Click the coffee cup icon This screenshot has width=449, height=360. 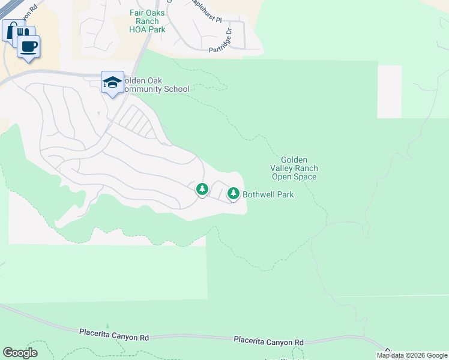click(x=28, y=46)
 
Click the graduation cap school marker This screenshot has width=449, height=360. click(x=112, y=83)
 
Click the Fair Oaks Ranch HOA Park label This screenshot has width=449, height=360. click(x=144, y=21)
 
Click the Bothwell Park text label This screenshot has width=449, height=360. click(x=268, y=194)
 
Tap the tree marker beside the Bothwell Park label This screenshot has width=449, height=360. click(x=233, y=193)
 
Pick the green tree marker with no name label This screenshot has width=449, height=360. click(x=202, y=190)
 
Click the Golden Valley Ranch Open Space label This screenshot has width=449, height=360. click(x=294, y=169)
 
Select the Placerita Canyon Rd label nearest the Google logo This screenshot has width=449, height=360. click(x=114, y=332)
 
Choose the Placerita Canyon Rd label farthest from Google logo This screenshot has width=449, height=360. click(x=269, y=340)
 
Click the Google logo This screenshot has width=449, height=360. click(x=20, y=353)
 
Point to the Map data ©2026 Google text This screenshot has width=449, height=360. click(x=412, y=355)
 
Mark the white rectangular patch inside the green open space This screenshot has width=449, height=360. click(x=389, y=91)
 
